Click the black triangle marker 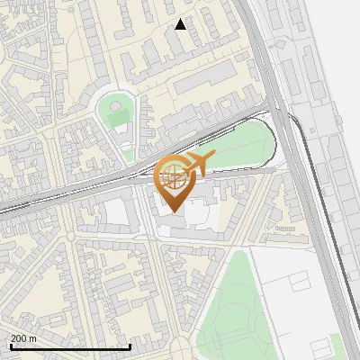coord(181,24)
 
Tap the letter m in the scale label coord(33,338)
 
